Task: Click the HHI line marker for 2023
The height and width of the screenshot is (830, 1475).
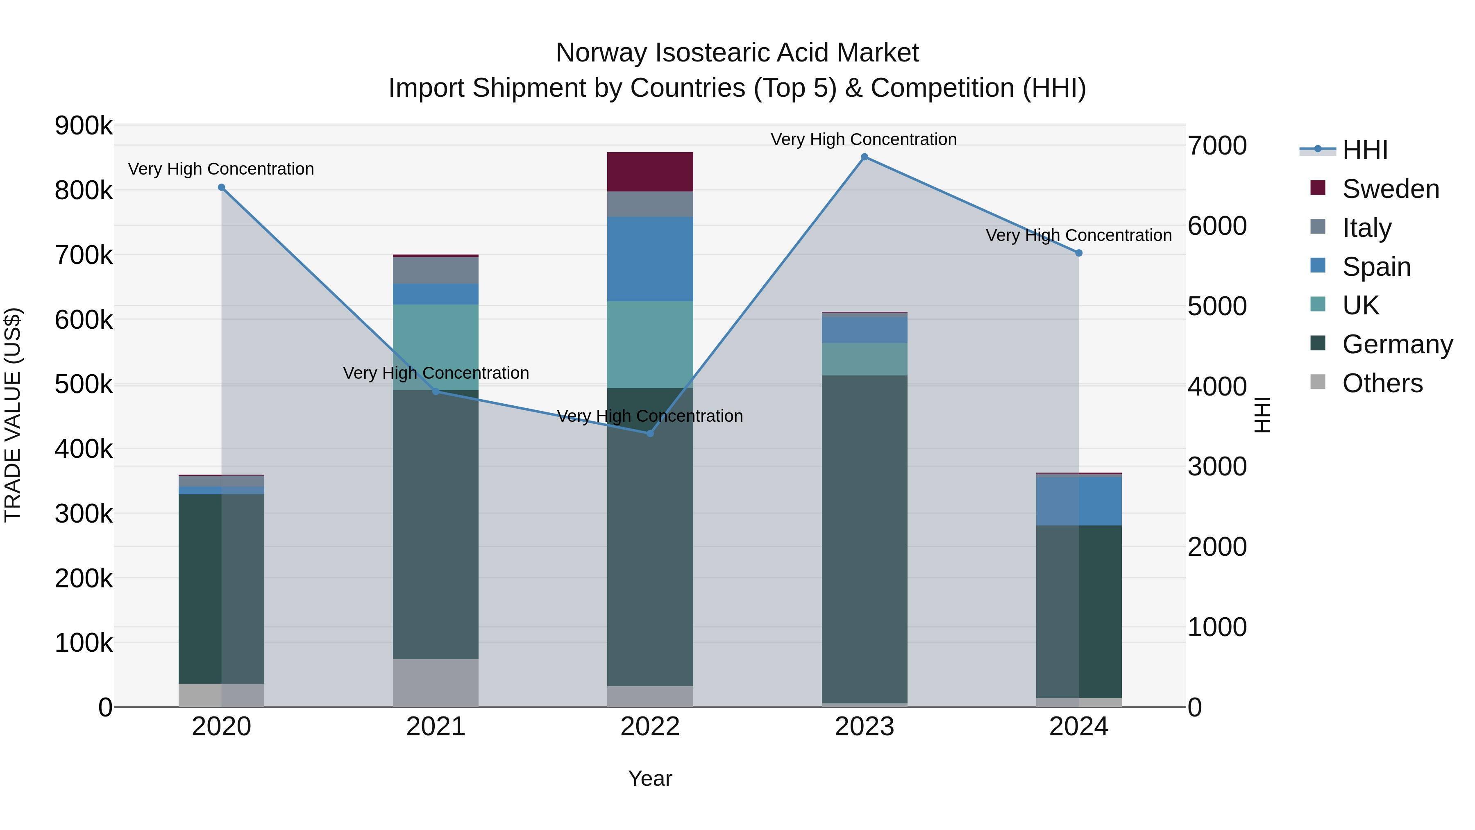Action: [864, 157]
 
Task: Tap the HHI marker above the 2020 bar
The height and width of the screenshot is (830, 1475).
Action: [222, 187]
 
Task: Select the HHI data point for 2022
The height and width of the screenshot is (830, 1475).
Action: [650, 434]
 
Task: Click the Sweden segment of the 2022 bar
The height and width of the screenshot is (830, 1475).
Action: [650, 172]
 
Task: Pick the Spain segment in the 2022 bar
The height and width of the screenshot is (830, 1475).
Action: [650, 259]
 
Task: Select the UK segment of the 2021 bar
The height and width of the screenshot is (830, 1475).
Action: [436, 347]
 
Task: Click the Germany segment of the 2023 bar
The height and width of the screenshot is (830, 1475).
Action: [864, 539]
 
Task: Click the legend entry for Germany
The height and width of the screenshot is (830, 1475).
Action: [1397, 345]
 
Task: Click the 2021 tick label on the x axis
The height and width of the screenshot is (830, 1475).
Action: [436, 727]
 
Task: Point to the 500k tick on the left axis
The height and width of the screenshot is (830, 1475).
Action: [84, 384]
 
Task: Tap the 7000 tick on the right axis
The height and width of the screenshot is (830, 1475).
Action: [1217, 146]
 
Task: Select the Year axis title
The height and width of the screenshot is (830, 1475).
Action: [650, 778]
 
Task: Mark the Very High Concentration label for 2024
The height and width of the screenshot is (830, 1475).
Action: [1078, 235]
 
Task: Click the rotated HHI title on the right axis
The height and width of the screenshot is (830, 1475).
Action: [1262, 415]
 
